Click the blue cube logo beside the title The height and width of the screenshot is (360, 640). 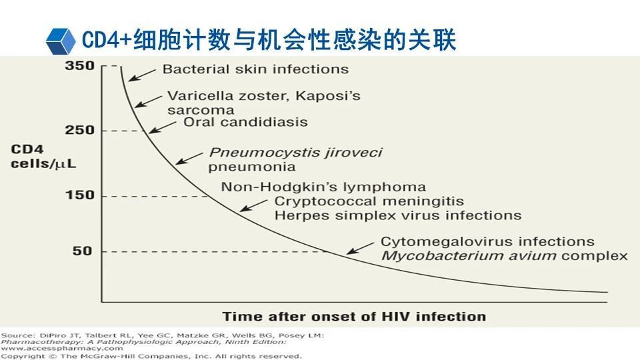tap(61, 41)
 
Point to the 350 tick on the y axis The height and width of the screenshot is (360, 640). tap(79, 65)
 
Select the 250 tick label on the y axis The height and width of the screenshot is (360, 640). tap(79, 130)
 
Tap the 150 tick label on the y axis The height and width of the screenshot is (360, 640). tap(79, 195)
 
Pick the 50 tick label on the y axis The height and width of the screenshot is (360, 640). tap(83, 251)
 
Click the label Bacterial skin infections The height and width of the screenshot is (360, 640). tap(255, 69)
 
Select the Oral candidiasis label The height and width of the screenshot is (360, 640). tap(245, 122)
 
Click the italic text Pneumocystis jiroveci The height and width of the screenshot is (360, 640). tap(295, 153)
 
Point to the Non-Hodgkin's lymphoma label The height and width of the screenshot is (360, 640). tap(323, 187)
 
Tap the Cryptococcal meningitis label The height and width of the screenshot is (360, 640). tap(369, 201)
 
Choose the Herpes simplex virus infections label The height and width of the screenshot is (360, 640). tap(398, 215)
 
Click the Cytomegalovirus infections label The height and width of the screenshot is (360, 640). tap(487, 241)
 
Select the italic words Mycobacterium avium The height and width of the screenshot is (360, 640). tap(469, 256)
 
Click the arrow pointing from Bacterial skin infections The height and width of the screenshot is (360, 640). tap(142, 75)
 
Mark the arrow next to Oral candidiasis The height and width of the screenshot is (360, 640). tap(163, 127)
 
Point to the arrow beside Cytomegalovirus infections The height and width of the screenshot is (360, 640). tap(361, 248)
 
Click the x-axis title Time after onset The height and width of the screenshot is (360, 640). tap(354, 317)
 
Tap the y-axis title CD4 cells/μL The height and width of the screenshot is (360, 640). tap(43, 156)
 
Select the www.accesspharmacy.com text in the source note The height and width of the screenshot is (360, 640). tap(61, 349)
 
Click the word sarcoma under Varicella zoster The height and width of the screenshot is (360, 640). tap(201, 110)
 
